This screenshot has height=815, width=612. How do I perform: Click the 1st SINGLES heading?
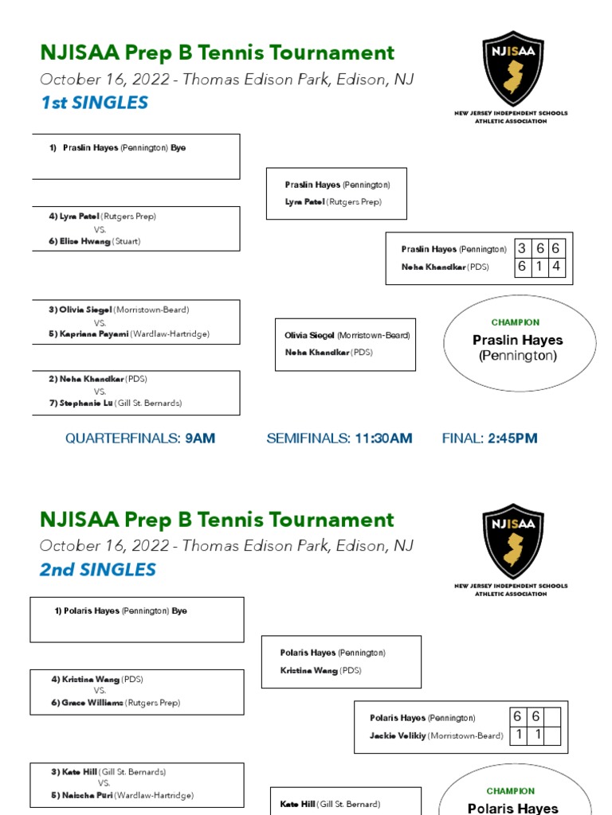pyautogui.click(x=94, y=103)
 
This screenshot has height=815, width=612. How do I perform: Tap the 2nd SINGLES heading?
pyautogui.click(x=98, y=570)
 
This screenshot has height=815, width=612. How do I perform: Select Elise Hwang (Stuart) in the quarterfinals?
pyautogui.click(x=100, y=241)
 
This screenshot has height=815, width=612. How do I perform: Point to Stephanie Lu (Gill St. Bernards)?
pyautogui.click(x=115, y=404)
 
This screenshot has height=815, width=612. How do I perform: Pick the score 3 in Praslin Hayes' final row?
pyautogui.click(x=522, y=249)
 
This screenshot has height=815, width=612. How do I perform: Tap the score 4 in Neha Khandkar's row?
pyautogui.click(x=556, y=267)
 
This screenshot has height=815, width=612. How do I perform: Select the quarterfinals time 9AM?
pyautogui.click(x=200, y=439)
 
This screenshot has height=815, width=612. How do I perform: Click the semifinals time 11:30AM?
pyautogui.click(x=383, y=439)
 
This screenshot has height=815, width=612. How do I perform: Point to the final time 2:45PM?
pyautogui.click(x=512, y=439)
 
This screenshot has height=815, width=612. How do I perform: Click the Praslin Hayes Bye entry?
pyautogui.click(x=124, y=148)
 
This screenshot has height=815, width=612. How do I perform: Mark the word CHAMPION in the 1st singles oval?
pyautogui.click(x=516, y=322)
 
